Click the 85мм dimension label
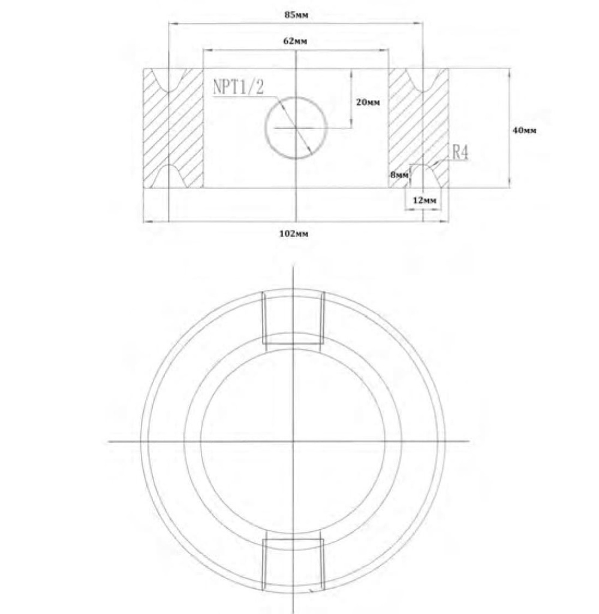pyautogui.click(x=296, y=15)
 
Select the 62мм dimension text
pyautogui.click(x=295, y=41)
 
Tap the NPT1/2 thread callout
pyautogui.click(x=238, y=86)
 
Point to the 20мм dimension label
pyautogui.click(x=368, y=102)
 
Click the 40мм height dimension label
pyautogui.click(x=524, y=130)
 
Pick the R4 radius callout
pyautogui.click(x=460, y=152)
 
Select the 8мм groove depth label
pyautogui.click(x=399, y=175)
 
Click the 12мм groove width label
pyautogui.click(x=425, y=200)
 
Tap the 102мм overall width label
pyautogui.click(x=294, y=234)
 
